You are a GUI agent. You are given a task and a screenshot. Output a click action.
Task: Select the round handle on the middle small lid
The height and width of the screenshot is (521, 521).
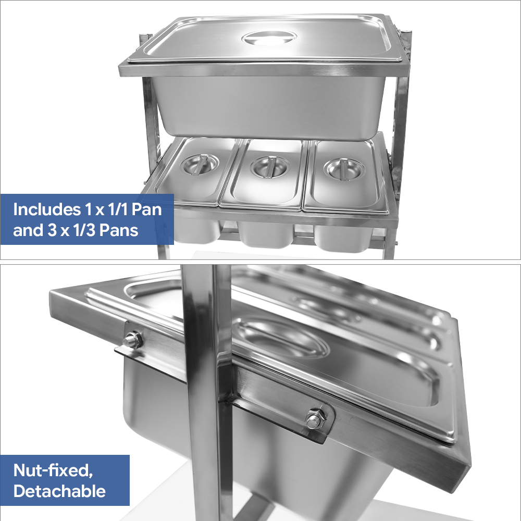pos(270,167)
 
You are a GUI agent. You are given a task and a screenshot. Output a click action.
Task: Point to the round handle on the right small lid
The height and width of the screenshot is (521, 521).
pos(344,169)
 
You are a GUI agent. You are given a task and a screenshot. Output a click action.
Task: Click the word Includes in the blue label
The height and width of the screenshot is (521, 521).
pos(47,209)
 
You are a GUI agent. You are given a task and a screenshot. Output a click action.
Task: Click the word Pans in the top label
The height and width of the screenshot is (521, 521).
pos(119,230)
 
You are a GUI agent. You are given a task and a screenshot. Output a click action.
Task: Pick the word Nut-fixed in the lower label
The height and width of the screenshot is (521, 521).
pos(53,470)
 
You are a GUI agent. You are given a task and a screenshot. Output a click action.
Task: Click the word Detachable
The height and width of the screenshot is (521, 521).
pos(59,491)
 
